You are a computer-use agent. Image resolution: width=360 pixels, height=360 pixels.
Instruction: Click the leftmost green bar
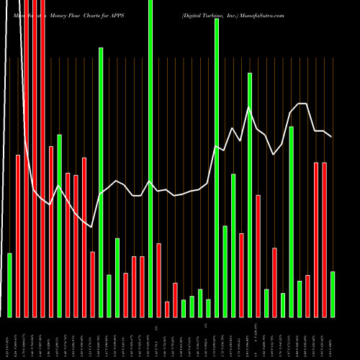click(9, 285)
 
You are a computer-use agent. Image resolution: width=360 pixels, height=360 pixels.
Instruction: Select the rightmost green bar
click(333, 294)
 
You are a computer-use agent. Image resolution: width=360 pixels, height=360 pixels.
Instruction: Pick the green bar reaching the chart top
click(150, 158)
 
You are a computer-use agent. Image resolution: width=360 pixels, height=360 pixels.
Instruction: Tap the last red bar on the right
click(324, 240)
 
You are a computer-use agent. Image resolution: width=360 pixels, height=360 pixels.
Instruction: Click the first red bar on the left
click(18, 235)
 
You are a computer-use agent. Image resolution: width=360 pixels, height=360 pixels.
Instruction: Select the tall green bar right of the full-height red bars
click(59, 225)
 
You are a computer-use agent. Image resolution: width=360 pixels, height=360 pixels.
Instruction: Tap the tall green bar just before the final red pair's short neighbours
click(292, 221)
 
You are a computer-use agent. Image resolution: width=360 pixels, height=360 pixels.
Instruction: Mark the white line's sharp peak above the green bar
click(250, 108)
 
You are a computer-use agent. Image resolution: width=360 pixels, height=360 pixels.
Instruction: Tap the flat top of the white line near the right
click(303, 104)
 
